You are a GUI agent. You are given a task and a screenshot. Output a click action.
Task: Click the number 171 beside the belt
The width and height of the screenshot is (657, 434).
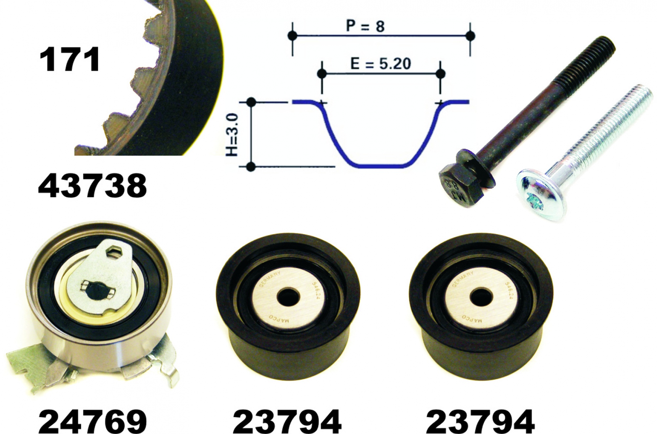click(x=69, y=60)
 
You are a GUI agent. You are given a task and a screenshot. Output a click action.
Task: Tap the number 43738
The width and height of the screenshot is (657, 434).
click(x=92, y=186)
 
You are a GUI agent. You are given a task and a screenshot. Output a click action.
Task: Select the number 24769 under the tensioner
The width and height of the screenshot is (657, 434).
click(x=92, y=421)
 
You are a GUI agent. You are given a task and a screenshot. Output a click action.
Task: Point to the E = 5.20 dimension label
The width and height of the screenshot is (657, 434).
click(x=380, y=63)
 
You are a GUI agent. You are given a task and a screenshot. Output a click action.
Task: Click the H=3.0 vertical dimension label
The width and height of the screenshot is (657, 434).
click(x=232, y=135)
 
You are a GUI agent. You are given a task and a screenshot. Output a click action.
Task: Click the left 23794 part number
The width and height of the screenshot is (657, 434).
click(x=287, y=421)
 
